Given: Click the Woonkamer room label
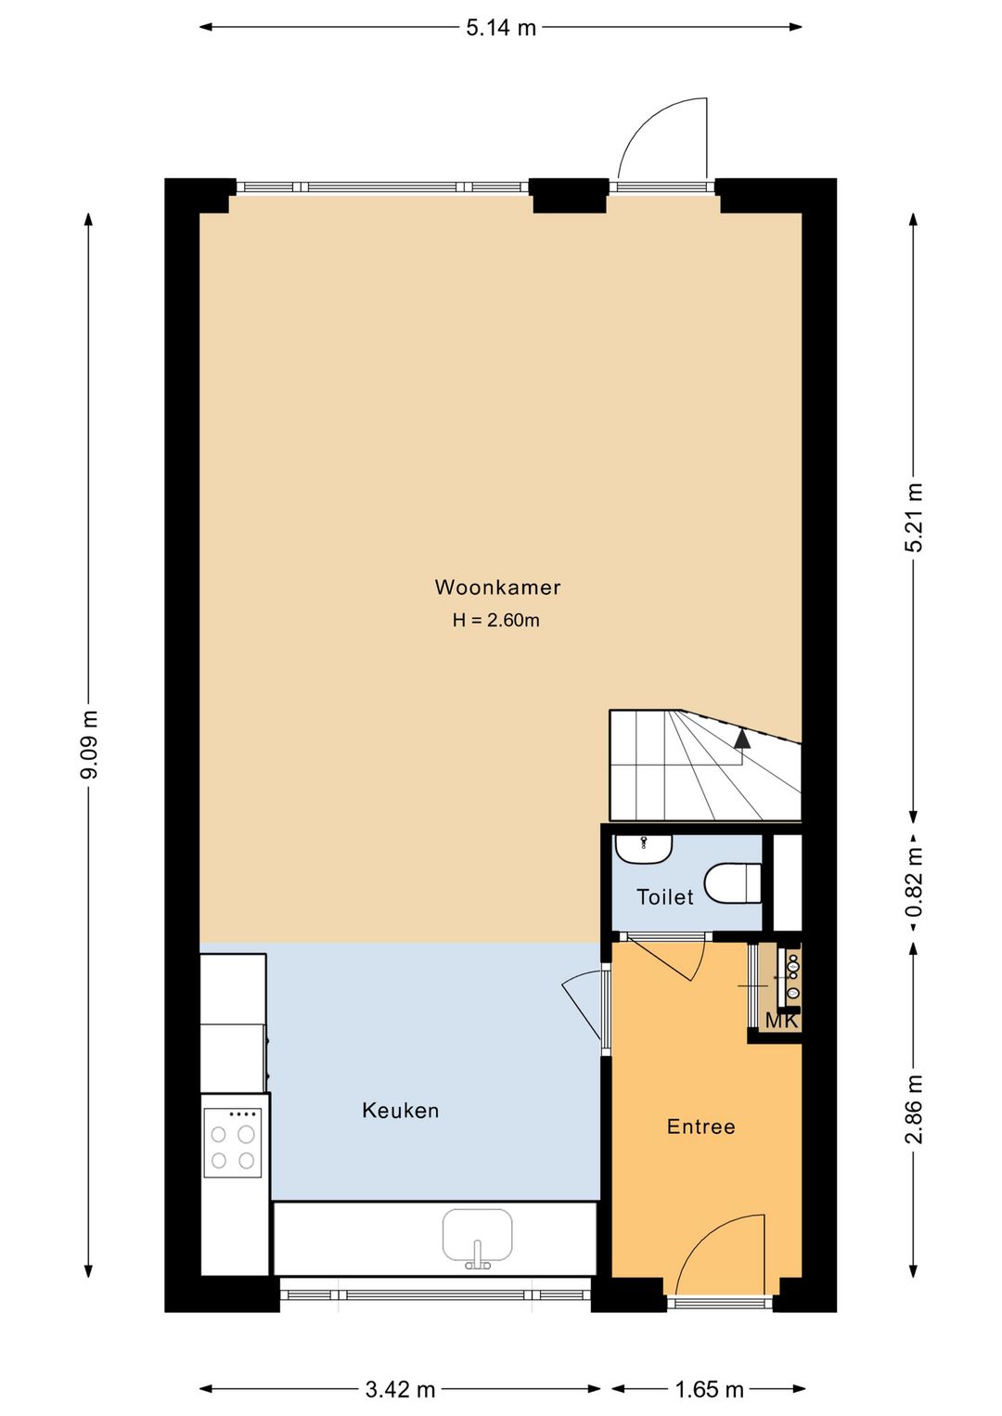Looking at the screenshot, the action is click(497, 587).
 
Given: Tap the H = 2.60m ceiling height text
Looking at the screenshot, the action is click(496, 620).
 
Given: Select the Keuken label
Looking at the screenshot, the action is click(400, 1111).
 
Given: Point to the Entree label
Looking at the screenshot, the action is click(701, 1126).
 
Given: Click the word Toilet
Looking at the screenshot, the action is click(665, 897).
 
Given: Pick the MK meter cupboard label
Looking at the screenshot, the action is click(781, 1021).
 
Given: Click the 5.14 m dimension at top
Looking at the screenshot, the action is click(501, 28).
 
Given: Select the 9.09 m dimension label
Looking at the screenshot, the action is click(88, 743).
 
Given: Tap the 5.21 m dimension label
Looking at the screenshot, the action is click(914, 518).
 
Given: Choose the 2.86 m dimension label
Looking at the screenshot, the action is click(914, 1109).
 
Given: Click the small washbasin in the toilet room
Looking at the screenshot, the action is click(644, 848).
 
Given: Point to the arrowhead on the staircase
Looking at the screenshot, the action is click(741, 739).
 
